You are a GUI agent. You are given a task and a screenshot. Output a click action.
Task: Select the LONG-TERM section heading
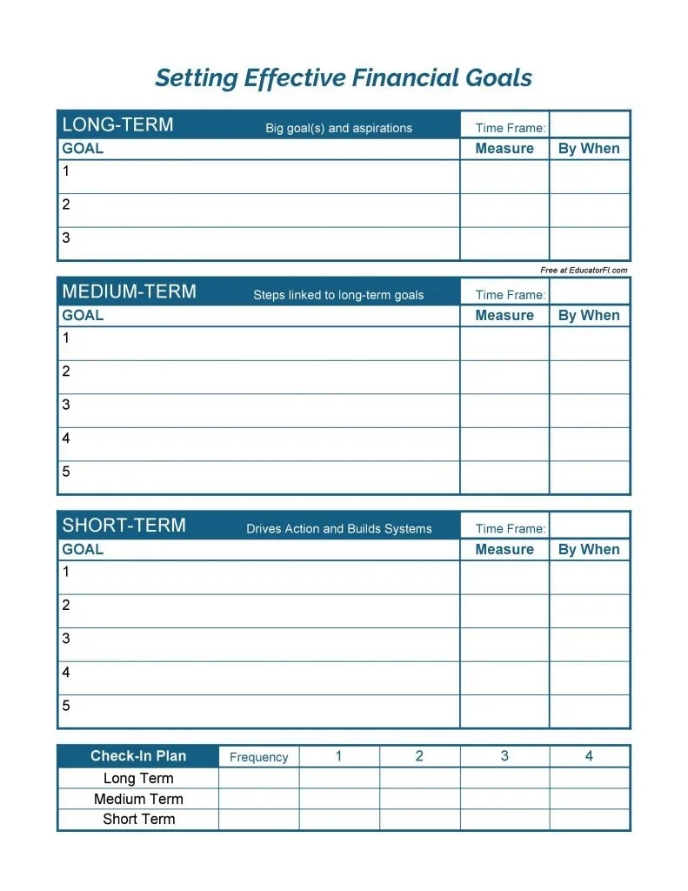(x=117, y=124)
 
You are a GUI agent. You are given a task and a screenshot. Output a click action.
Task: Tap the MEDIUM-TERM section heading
(x=129, y=291)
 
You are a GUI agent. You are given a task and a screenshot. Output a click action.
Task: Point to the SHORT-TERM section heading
(x=124, y=526)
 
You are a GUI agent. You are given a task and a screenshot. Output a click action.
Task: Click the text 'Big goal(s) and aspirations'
(x=338, y=128)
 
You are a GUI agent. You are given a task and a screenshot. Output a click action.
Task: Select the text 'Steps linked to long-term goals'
(x=338, y=295)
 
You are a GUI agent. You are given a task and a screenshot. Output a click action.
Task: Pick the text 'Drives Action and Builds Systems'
(x=338, y=529)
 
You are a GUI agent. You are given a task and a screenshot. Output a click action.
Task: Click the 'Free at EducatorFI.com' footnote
(x=584, y=271)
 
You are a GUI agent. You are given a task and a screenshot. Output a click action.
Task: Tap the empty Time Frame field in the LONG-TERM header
(x=590, y=124)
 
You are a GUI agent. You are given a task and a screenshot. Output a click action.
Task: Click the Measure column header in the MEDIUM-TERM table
(x=504, y=316)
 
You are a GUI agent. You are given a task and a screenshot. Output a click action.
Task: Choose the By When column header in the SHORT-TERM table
(x=589, y=550)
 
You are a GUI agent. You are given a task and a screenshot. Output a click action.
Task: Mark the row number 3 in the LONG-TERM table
(x=66, y=238)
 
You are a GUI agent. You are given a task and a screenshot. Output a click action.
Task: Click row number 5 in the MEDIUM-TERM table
(x=66, y=472)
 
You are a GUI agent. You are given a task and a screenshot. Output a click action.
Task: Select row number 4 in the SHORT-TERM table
(x=66, y=672)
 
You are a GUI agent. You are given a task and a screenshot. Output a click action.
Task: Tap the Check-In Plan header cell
(x=138, y=756)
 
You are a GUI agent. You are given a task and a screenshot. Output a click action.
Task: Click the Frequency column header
(x=258, y=757)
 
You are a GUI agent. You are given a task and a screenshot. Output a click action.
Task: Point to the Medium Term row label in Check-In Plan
(x=138, y=799)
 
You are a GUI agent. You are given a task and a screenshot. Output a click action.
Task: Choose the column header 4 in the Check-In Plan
(x=589, y=756)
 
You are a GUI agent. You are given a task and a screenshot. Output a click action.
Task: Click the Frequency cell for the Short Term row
(x=258, y=820)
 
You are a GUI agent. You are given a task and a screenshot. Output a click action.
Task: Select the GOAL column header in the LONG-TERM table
(x=83, y=149)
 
